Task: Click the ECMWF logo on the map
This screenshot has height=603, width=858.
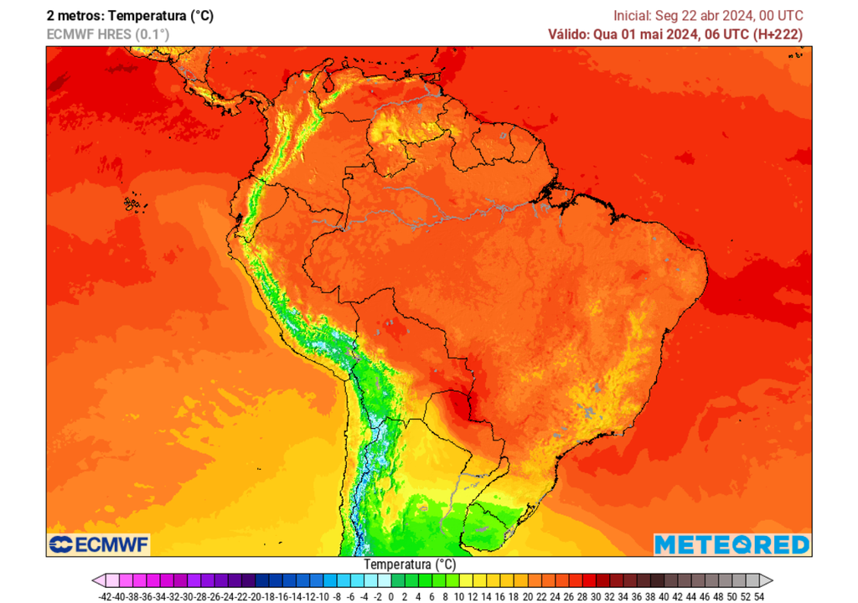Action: pos(98,544)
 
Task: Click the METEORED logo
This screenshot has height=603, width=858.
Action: pos(731,544)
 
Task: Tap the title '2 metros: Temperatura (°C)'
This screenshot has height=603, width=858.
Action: pos(130,15)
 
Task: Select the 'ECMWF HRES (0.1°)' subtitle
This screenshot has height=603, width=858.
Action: pos(108,34)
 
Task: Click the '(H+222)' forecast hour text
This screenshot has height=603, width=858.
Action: pos(777,34)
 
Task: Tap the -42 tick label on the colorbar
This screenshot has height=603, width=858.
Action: pos(105,595)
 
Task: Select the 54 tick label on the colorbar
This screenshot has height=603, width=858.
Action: pos(758,595)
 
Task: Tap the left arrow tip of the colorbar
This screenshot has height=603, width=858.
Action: pos(96,580)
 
